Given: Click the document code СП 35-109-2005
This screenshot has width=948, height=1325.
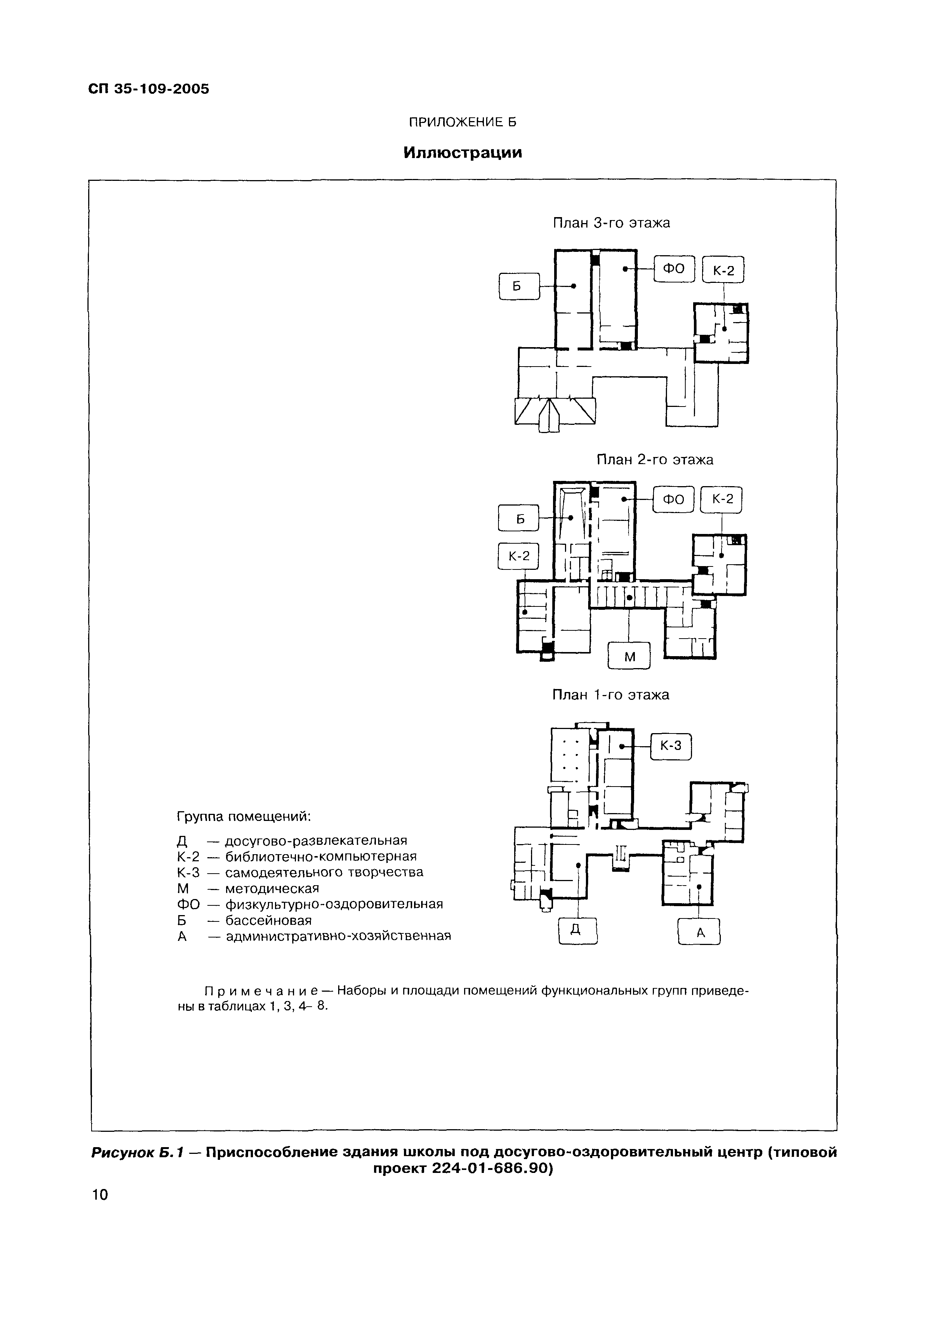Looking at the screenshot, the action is [149, 89].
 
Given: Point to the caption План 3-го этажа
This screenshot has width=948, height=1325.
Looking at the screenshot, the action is [611, 223].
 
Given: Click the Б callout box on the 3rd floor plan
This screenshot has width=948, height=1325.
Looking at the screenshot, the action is [519, 287].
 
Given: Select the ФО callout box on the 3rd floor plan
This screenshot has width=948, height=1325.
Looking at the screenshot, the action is [674, 269].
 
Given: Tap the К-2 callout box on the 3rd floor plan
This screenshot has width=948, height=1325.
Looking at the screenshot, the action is [723, 270].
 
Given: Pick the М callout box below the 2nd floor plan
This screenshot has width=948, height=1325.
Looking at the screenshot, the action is [629, 656].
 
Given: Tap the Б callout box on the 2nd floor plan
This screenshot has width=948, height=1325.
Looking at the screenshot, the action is [518, 518].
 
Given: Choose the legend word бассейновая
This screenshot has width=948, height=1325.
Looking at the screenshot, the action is [269, 920].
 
